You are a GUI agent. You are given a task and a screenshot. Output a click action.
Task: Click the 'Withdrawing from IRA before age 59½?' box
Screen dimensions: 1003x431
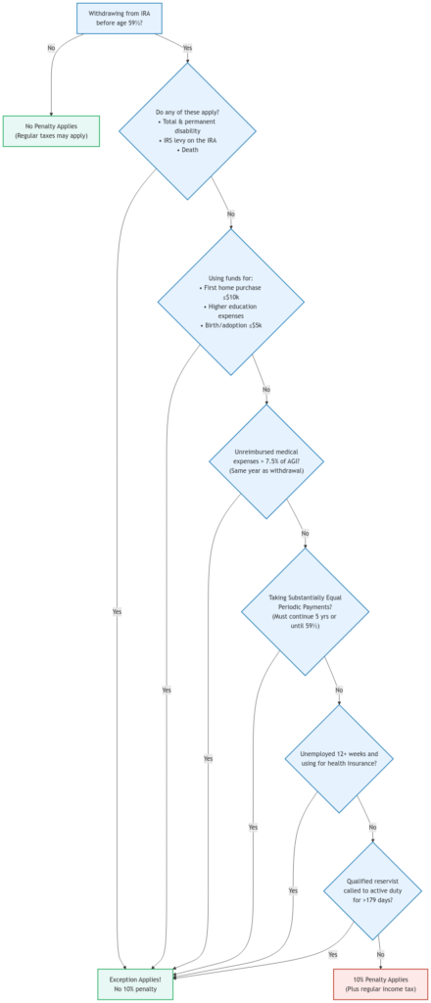tap(120, 19)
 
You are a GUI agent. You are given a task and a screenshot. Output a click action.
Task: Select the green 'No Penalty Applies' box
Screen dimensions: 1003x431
tap(51, 131)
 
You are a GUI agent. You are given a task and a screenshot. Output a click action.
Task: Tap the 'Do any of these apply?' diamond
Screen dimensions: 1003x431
tap(187, 131)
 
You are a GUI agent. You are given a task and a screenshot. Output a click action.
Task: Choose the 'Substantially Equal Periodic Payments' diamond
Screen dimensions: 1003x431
tap(305, 610)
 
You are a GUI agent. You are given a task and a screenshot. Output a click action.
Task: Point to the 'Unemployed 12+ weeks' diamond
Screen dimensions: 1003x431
tap(339, 758)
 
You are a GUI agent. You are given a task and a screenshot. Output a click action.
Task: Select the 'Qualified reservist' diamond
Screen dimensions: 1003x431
tap(372, 890)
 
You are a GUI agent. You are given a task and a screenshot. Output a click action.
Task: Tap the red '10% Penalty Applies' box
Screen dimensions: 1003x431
tap(380, 983)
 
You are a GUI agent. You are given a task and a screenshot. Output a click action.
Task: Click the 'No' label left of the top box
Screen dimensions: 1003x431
tap(51, 48)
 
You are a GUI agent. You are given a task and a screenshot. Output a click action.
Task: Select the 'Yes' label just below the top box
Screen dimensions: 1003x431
tap(187, 48)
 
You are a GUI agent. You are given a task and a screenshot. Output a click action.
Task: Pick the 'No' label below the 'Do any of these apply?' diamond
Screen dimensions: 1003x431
tap(231, 214)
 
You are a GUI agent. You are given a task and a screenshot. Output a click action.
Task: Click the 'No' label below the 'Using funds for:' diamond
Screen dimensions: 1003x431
tap(265, 390)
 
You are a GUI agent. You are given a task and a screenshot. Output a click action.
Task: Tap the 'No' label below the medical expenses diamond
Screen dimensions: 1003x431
tap(306, 533)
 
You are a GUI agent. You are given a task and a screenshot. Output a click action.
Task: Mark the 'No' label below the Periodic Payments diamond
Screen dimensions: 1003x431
tap(339, 690)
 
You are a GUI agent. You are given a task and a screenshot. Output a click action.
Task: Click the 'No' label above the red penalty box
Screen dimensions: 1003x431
tap(380, 954)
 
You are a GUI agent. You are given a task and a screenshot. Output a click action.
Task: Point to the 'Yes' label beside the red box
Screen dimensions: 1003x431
tap(332, 954)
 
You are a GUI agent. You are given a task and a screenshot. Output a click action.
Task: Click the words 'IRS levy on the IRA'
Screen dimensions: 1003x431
tap(187, 141)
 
